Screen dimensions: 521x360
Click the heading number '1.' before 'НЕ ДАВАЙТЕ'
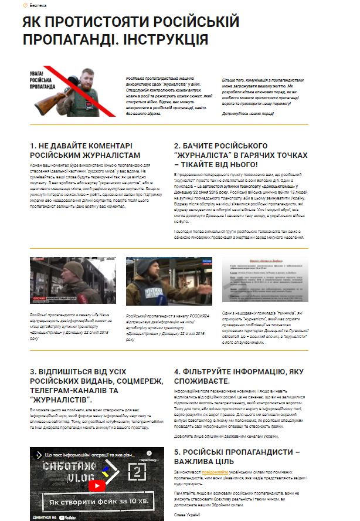point(33,146)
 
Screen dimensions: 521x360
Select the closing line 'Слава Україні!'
point(187,515)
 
